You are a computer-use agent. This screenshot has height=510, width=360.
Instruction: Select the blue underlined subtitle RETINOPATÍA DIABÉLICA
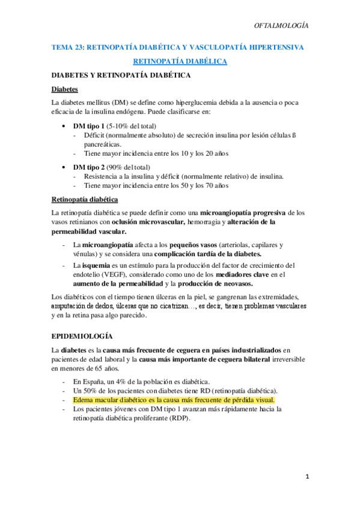click(x=180, y=61)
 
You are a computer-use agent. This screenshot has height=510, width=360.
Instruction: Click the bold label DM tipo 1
click(x=88, y=126)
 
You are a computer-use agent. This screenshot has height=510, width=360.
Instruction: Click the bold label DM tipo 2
click(x=88, y=167)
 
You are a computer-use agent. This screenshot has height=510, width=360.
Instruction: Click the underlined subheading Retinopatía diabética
click(x=85, y=199)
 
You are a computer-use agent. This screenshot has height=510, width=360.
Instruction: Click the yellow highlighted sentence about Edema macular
click(x=173, y=399)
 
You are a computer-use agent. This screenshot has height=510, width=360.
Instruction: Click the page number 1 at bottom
click(x=307, y=477)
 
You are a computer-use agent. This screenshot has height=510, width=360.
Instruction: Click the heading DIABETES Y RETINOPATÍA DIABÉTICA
click(x=121, y=75)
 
